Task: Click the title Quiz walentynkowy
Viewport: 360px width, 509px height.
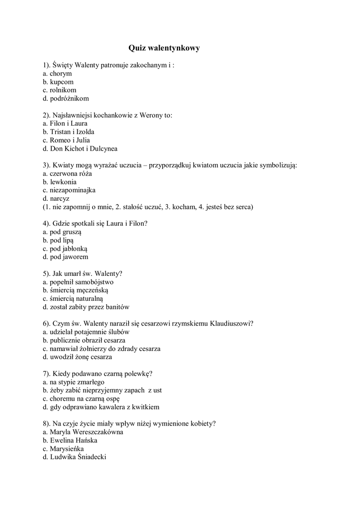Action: [164, 48]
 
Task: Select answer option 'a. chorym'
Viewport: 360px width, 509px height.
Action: [57, 74]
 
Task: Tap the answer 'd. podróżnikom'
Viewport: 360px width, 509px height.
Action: [66, 98]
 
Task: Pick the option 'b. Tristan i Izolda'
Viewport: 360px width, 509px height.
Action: [69, 132]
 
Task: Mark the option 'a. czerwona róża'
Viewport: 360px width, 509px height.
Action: [67, 173]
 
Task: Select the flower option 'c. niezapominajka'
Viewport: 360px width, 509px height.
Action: [69, 190]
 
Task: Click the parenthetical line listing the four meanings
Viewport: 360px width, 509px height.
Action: [148, 207]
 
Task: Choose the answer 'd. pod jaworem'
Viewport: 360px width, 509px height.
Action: [65, 257]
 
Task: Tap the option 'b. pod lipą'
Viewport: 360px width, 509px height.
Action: [58, 240]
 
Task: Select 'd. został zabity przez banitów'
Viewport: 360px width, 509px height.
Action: [86, 307]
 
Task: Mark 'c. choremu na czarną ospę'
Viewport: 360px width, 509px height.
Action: [81, 398]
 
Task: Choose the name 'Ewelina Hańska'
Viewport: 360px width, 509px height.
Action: [74, 440]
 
